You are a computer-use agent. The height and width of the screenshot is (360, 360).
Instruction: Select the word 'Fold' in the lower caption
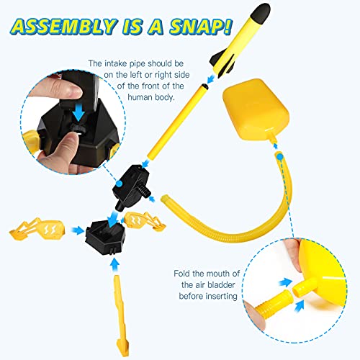(x=180, y=274)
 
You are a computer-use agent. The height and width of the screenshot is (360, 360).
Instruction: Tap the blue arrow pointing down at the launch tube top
(x=208, y=77)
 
